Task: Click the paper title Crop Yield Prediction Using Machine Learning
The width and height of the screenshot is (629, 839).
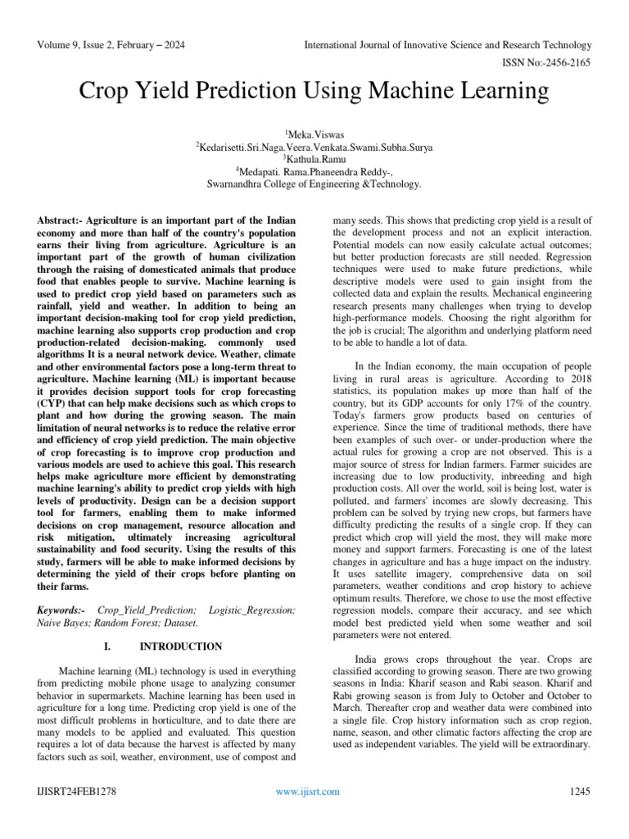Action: point(314,92)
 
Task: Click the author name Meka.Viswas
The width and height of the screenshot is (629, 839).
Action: point(315,134)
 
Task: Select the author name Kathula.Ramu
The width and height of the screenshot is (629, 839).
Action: point(315,159)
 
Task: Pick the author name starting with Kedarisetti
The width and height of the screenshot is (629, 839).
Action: point(314,147)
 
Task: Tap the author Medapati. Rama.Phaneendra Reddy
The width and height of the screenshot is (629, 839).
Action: point(315,172)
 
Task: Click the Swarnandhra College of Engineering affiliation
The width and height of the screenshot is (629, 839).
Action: point(314,184)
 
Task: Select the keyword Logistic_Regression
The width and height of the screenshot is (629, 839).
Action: point(252,611)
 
